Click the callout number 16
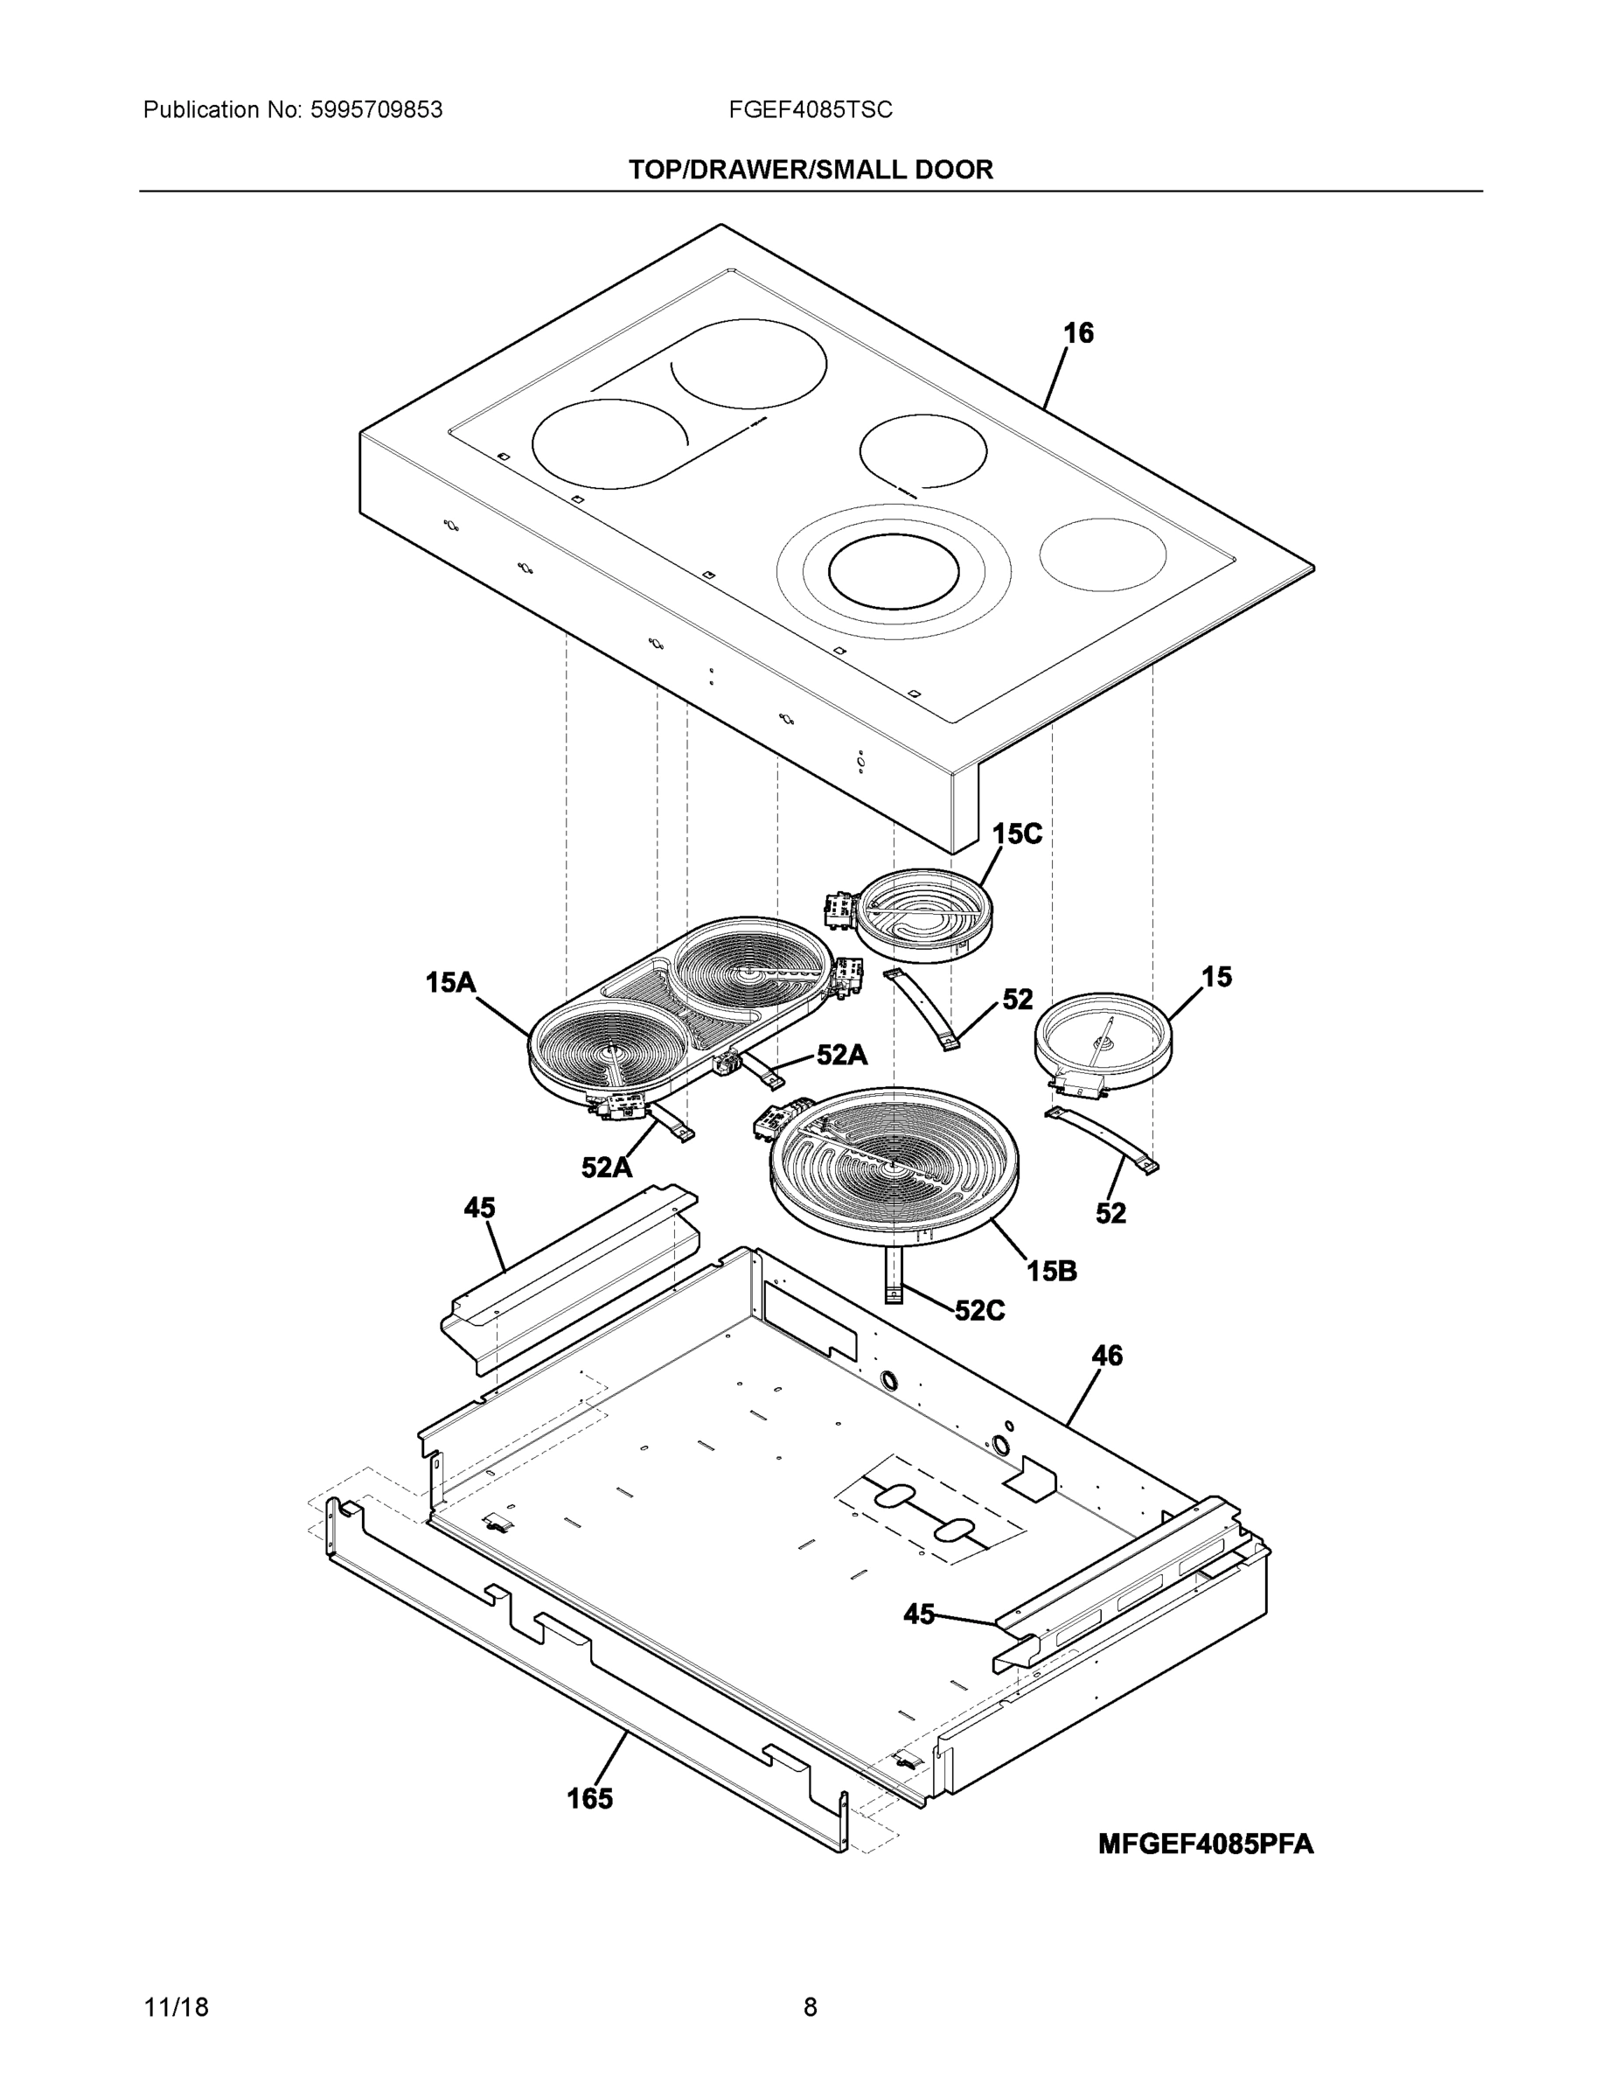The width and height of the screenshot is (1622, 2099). point(1078,333)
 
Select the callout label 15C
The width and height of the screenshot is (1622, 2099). point(1017,833)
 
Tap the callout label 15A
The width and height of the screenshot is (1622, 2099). point(450,982)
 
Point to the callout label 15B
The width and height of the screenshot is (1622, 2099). point(1051,1272)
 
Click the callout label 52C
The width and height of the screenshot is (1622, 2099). point(979,1311)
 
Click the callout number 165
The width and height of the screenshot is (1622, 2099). point(589,1799)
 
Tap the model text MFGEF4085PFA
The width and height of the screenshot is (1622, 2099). point(1205,1844)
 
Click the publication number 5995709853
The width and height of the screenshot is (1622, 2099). point(376,110)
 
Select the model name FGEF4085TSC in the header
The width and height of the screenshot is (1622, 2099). point(810,110)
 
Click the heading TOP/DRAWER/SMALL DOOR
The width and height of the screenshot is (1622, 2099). point(810,171)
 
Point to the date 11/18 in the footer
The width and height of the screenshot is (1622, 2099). point(176,2008)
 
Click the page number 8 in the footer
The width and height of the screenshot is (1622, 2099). point(810,2008)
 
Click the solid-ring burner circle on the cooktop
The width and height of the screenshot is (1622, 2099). point(894,572)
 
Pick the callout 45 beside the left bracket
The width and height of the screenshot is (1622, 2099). point(479,1208)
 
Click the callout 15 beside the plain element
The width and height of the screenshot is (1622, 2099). point(1215,978)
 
